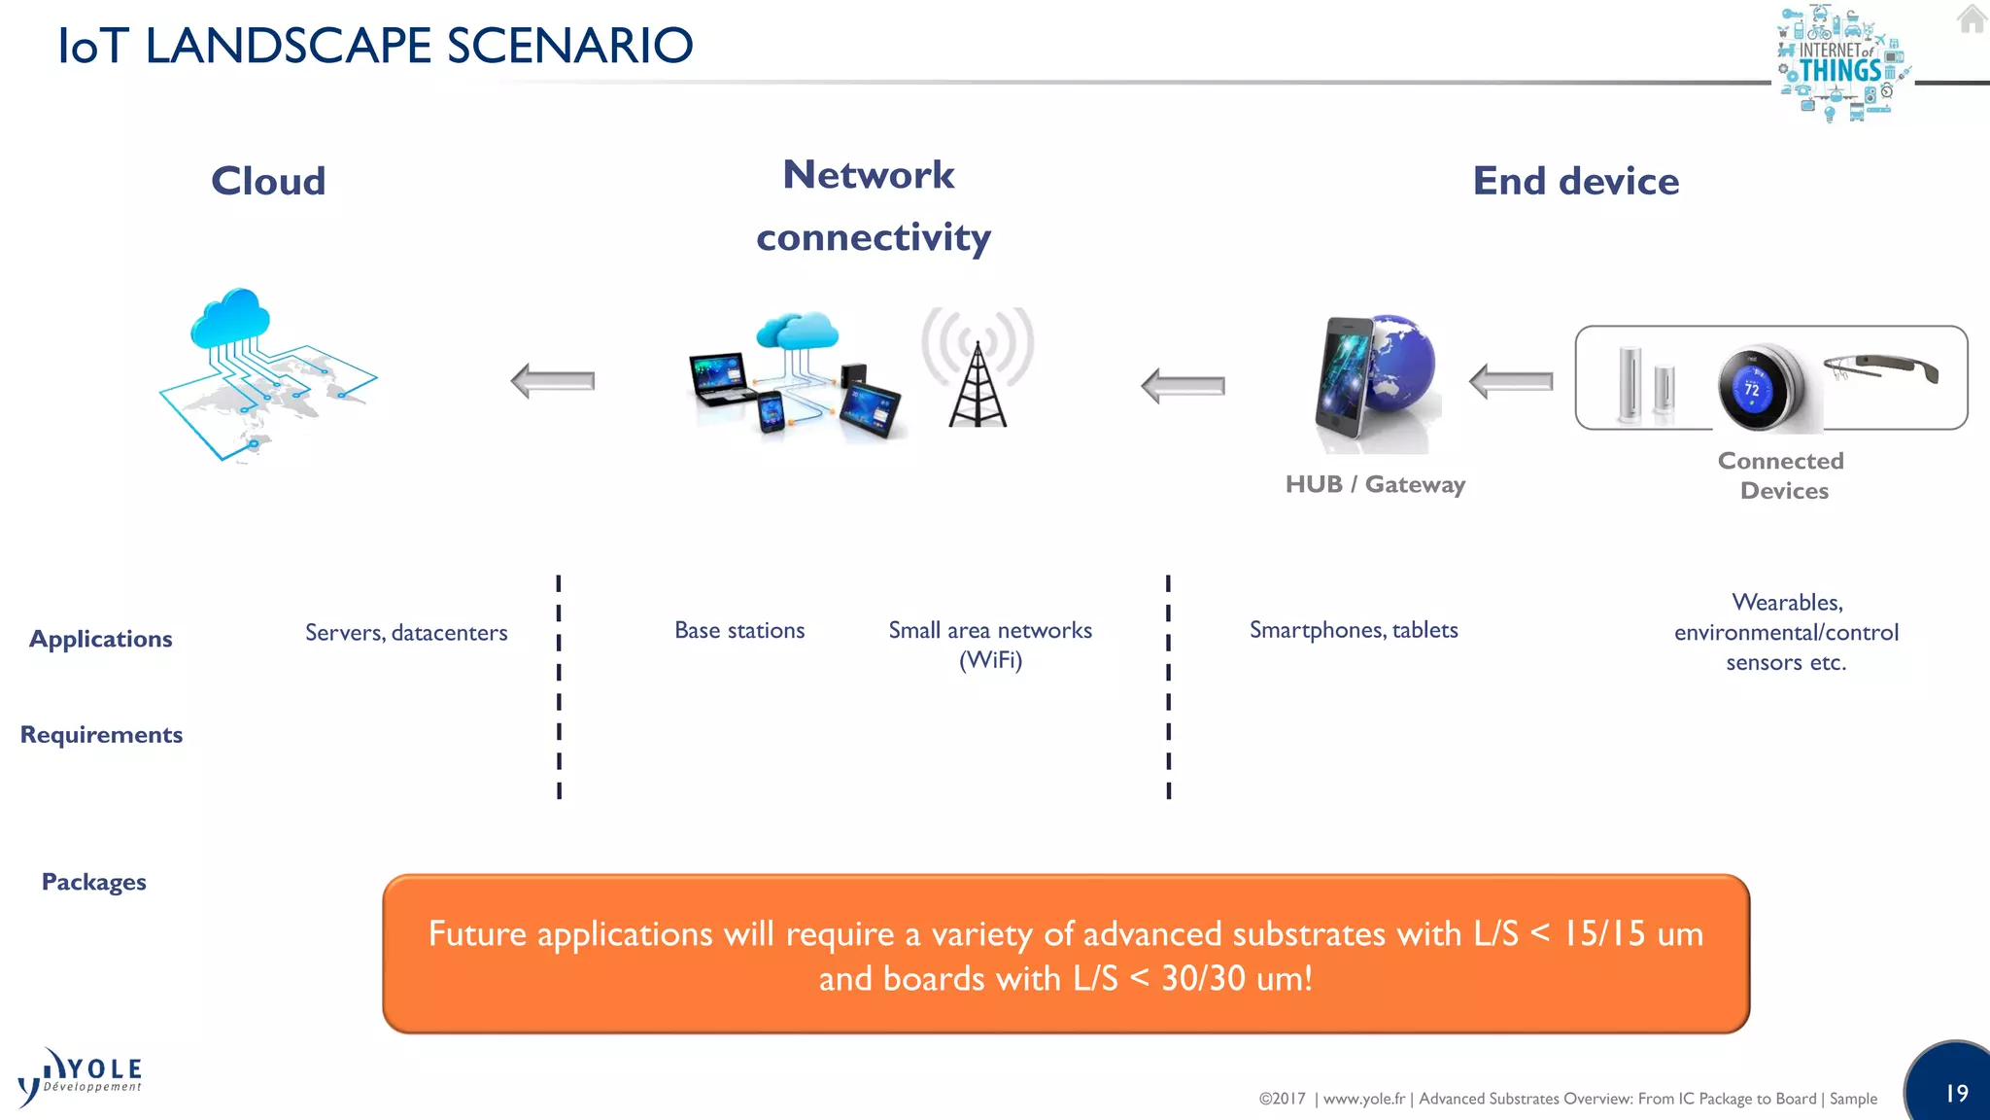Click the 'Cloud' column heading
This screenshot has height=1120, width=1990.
(268, 181)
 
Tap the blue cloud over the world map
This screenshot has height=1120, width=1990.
(230, 318)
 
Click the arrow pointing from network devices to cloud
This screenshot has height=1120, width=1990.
(553, 381)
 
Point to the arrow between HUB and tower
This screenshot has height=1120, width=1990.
(1183, 386)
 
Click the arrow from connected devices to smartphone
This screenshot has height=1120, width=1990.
(1511, 381)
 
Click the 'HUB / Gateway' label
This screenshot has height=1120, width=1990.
(1375, 484)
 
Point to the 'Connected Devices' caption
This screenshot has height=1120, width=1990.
(1782, 475)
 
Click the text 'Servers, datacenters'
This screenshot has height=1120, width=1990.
(406, 633)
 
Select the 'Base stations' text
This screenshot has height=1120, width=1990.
(739, 631)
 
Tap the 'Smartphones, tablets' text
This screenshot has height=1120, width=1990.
(1354, 630)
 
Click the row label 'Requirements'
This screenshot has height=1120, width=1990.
(101, 735)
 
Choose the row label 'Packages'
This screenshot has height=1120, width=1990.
(93, 882)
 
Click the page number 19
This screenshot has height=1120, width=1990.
(1956, 1093)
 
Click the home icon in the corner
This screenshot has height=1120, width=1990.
(1972, 18)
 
